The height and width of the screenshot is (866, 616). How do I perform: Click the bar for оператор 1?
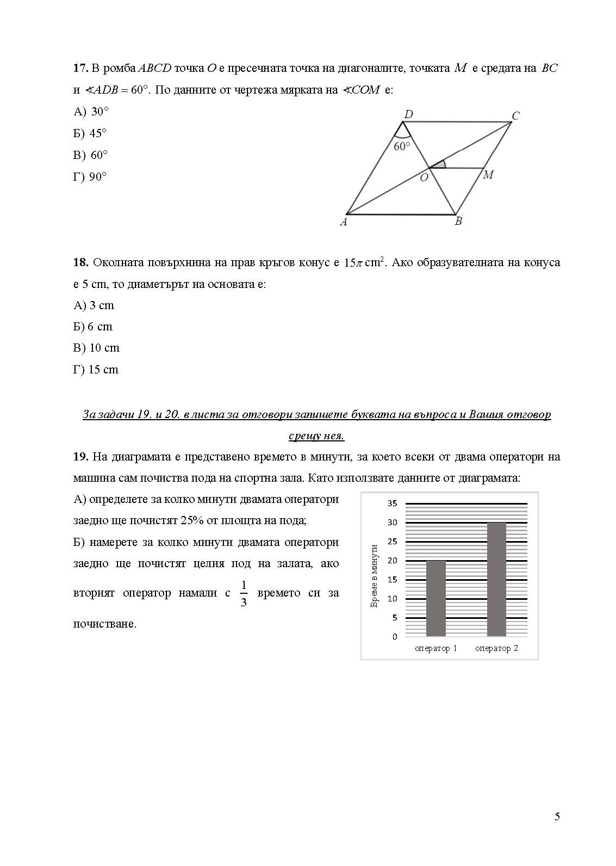435,598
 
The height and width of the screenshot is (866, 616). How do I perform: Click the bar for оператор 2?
496,579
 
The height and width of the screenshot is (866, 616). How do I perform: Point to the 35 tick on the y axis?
392,503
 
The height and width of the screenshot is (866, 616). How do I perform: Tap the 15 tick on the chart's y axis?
392,580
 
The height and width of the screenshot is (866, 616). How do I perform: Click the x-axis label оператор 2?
496,648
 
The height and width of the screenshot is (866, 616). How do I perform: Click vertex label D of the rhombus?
408,114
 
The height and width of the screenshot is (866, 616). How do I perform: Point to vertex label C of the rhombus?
515,116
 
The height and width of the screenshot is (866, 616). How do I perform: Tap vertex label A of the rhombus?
344,222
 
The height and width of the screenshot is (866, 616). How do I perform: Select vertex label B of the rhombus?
458,222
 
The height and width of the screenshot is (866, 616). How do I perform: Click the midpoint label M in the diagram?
488,175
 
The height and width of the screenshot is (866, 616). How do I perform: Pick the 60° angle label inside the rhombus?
402,146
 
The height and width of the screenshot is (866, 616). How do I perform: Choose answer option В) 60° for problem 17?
91,155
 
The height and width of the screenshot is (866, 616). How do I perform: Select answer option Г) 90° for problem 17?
90,177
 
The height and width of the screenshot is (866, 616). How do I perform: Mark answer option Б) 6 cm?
93,327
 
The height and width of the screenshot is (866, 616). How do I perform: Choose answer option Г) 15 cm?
96,370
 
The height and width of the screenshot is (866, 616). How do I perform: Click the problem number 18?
80,262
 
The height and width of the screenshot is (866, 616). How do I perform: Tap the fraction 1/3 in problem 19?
244,593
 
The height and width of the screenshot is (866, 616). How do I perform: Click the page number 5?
557,816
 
